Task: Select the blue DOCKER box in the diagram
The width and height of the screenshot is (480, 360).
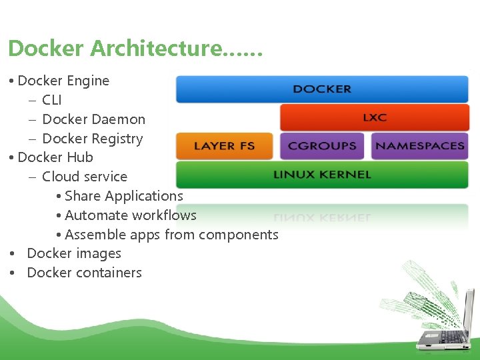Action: pos(322,89)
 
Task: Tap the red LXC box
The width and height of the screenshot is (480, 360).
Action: pos(374,117)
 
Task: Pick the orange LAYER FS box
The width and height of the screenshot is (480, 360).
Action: pos(224,146)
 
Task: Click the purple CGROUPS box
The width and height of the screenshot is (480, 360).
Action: pos(322,146)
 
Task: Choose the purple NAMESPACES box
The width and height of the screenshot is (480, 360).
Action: pos(420,146)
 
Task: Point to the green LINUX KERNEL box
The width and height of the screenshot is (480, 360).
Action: pos(322,175)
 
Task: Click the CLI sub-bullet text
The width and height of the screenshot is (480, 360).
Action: pos(51,100)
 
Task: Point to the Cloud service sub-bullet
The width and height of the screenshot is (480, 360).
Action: pos(84,177)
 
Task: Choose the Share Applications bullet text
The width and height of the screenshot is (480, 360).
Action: pos(123,196)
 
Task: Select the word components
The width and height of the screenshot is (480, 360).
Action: pos(238,235)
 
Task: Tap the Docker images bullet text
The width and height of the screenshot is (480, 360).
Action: pos(74,253)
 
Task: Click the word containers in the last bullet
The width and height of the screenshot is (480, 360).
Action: pos(110,273)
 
